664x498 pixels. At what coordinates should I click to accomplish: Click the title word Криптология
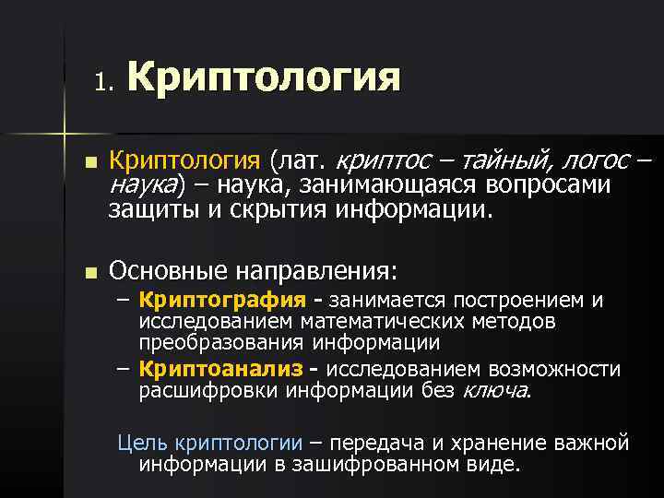(264, 78)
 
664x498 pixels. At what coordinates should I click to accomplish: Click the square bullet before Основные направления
(89, 273)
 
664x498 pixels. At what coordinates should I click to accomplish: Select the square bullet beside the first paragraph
(89, 162)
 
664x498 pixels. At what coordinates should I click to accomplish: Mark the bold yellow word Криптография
(222, 300)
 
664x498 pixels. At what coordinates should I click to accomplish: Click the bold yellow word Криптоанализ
(220, 370)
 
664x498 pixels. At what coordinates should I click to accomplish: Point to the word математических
(394, 321)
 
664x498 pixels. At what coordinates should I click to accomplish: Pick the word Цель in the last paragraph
(136, 443)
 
